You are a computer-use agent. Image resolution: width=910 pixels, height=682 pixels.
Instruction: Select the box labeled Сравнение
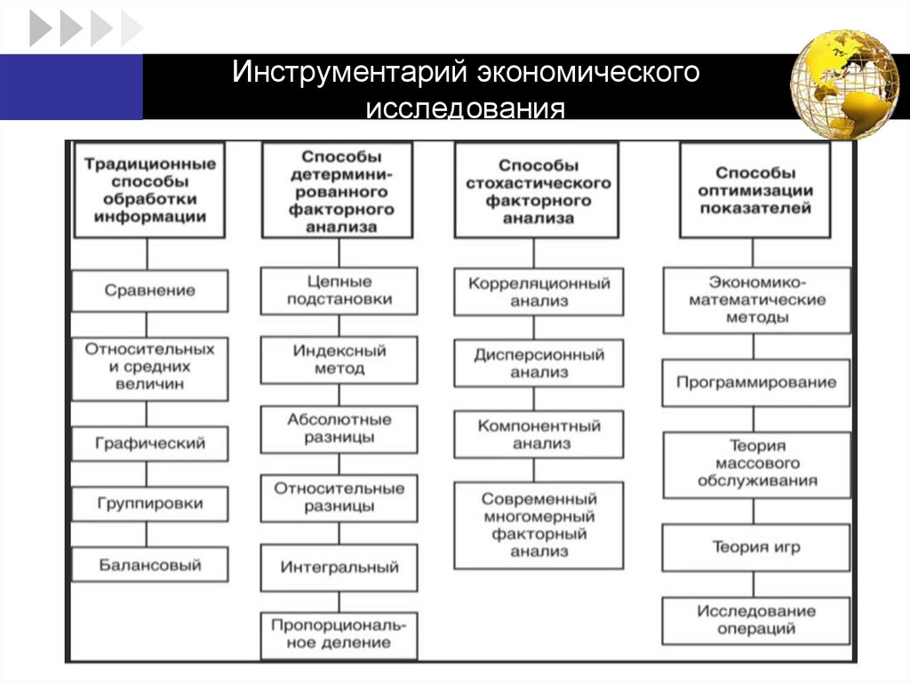click(x=149, y=291)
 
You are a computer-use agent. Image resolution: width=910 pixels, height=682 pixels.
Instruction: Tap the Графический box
click(x=149, y=443)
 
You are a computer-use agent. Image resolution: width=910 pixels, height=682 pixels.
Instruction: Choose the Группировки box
click(x=149, y=504)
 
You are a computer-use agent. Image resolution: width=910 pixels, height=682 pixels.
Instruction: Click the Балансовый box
click(x=149, y=565)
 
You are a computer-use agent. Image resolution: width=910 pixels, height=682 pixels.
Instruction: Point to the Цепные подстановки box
click(x=339, y=291)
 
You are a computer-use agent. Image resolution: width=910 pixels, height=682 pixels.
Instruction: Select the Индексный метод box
click(x=339, y=359)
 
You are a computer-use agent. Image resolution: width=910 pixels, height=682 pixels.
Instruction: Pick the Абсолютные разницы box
click(x=339, y=429)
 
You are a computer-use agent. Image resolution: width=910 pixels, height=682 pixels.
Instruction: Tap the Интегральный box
click(x=339, y=566)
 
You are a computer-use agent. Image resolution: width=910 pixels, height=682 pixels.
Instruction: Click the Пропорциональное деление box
click(x=339, y=634)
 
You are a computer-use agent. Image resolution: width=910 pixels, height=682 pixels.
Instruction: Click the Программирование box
click(x=755, y=383)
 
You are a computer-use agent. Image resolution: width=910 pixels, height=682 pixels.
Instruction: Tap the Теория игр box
click(x=755, y=548)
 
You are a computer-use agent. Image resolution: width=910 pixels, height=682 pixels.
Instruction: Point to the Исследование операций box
click(x=755, y=620)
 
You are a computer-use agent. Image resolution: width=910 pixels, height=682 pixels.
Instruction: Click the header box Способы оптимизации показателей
click(x=755, y=189)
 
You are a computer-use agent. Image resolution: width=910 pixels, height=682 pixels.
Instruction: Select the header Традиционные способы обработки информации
click(x=149, y=189)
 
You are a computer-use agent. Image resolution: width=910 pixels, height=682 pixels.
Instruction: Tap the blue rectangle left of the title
click(x=71, y=86)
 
